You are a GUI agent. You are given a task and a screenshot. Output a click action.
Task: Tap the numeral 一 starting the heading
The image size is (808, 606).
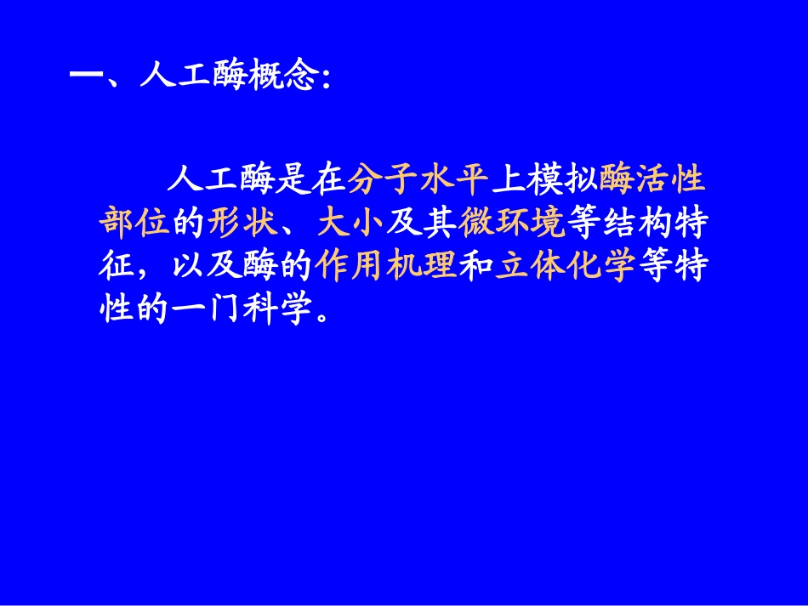click(x=84, y=78)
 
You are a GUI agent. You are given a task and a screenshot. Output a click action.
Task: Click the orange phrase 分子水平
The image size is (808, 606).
click(x=418, y=180)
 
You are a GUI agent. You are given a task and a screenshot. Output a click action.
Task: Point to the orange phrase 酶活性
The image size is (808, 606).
click(x=652, y=180)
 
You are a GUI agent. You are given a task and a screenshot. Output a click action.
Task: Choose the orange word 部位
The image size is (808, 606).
click(x=135, y=224)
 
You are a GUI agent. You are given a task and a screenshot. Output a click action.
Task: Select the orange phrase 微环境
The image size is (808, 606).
click(x=511, y=224)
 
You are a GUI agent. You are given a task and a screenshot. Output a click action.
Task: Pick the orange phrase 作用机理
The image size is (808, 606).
click(x=384, y=268)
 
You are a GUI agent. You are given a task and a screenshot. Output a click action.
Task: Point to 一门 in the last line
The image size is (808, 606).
click(x=206, y=312)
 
